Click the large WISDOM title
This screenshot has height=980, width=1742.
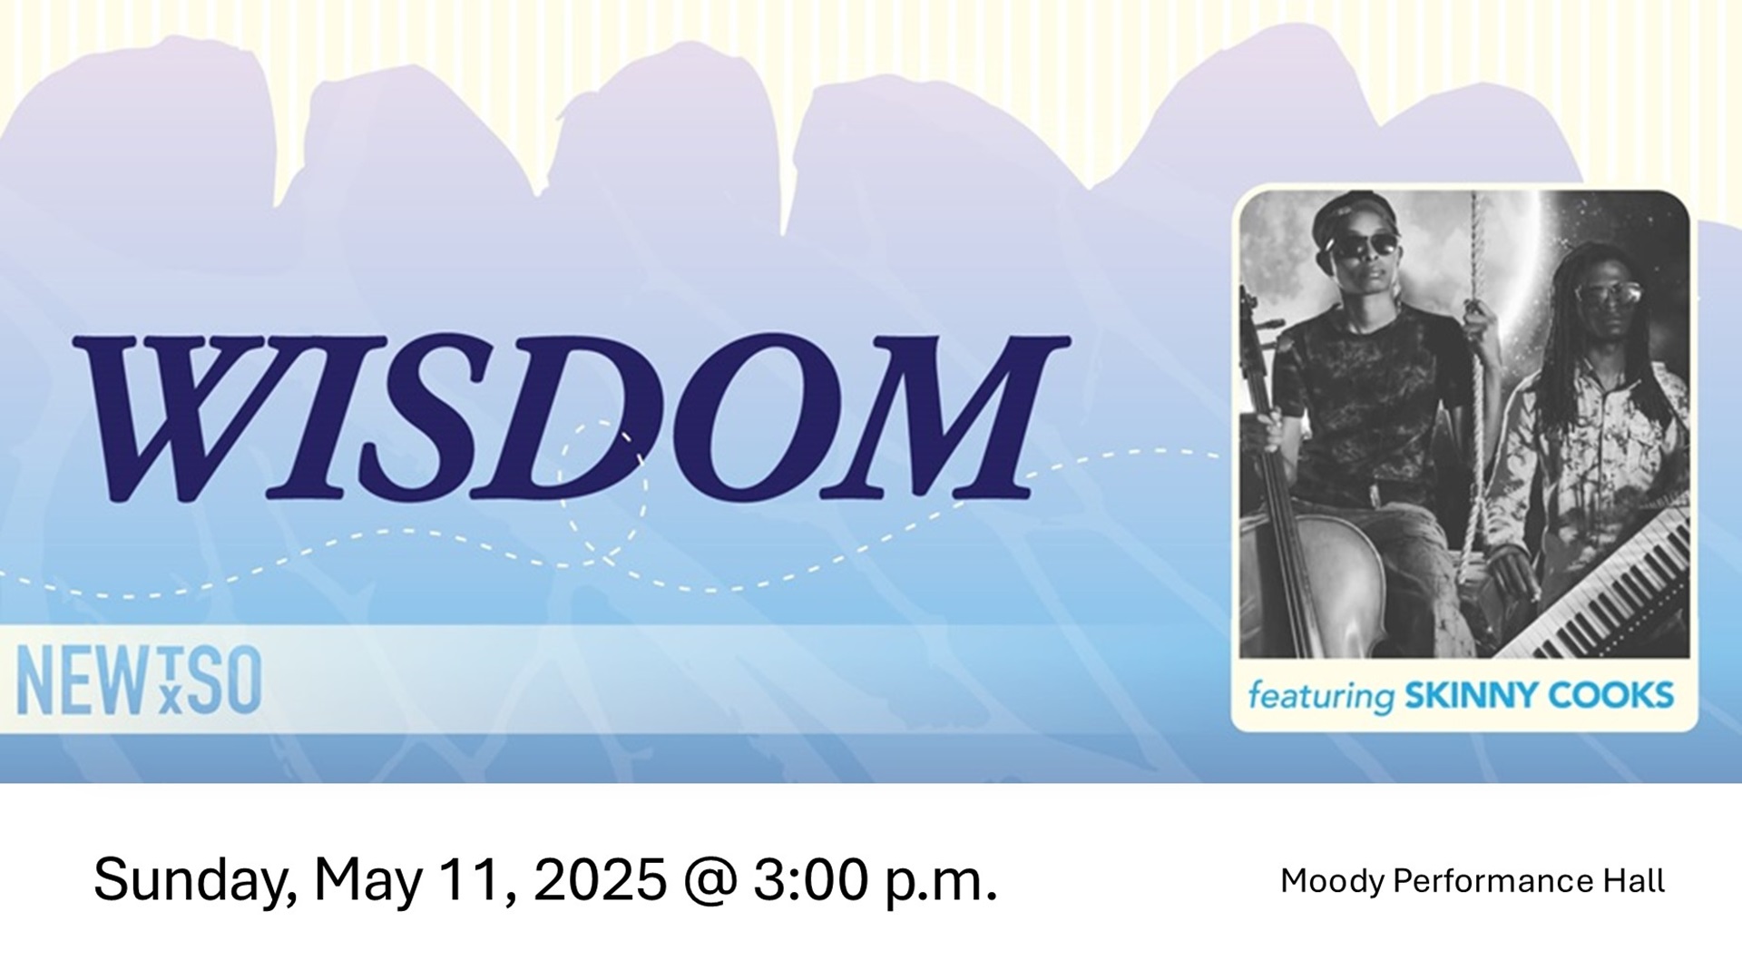572,417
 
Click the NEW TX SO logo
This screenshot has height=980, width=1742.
140,681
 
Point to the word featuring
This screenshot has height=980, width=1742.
1321,697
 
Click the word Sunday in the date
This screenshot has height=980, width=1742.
195,880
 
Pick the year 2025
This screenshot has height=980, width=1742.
600,880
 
